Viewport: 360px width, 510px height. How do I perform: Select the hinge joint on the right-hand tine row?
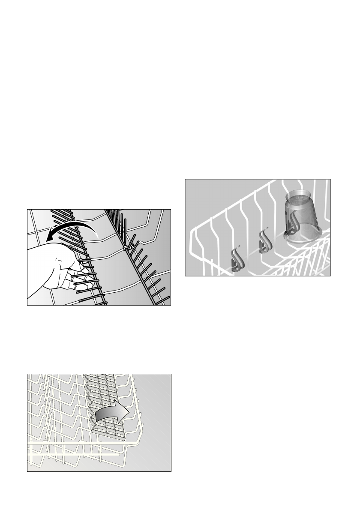point(124,248)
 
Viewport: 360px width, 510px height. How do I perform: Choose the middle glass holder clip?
point(264,243)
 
